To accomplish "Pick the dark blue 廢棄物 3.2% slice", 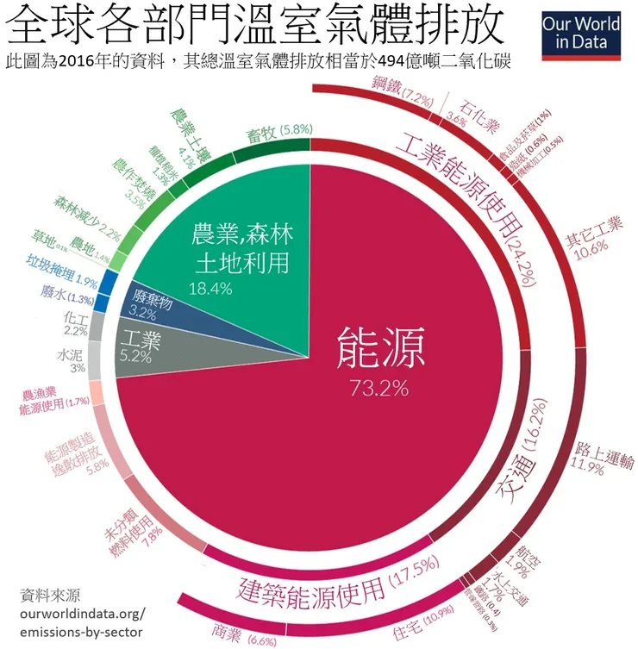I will tap(154, 297).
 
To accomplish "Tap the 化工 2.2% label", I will tap(75, 323).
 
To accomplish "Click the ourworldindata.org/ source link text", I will tap(82, 614).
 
